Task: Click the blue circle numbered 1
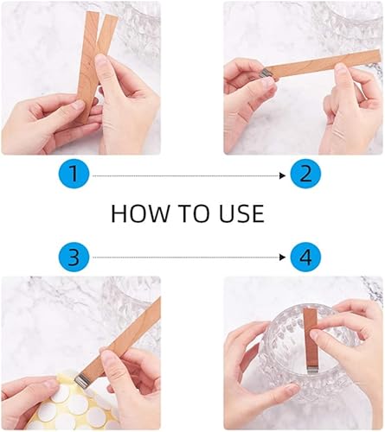74,174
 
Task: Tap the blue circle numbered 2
305,174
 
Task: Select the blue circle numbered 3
74,256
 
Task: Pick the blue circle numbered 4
305,256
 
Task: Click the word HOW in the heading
140,213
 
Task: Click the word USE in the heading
241,213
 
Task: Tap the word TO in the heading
194,213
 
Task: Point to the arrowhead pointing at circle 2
282,175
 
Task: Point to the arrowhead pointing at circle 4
282,257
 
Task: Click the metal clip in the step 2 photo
265,73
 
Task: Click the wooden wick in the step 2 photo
323,64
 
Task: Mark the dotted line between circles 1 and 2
186,175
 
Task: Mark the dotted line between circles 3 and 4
186,257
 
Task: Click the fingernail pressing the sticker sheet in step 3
54,383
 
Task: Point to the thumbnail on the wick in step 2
341,67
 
